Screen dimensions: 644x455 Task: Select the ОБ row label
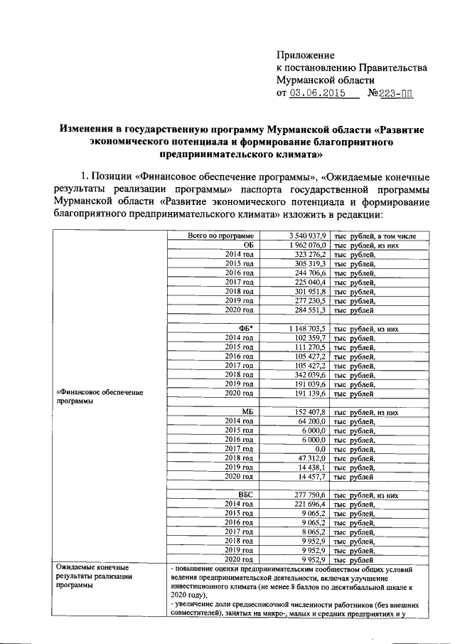pyautogui.click(x=248, y=245)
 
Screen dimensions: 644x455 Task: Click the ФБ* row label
pyautogui.click(x=246, y=328)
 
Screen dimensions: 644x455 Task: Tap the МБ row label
pyautogui.click(x=247, y=412)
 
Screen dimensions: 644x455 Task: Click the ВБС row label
pyautogui.click(x=246, y=495)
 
